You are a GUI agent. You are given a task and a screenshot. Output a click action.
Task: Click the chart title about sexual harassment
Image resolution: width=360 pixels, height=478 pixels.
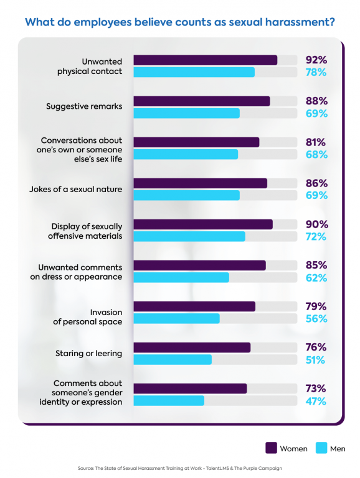click(x=180, y=22)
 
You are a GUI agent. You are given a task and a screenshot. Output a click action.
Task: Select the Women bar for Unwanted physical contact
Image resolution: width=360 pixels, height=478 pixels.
click(x=205, y=60)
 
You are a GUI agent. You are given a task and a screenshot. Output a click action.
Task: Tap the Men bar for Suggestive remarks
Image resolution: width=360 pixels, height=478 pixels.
click(x=186, y=113)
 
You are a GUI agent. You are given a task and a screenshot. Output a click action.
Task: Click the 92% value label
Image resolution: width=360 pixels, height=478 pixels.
click(x=316, y=60)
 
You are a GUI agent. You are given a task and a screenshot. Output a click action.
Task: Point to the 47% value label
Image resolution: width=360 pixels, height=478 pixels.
click(x=316, y=401)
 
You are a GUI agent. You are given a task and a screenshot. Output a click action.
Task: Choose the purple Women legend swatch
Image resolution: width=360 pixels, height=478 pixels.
click(x=271, y=448)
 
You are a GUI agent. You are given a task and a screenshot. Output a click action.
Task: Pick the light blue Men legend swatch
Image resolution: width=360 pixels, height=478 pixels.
click(x=321, y=448)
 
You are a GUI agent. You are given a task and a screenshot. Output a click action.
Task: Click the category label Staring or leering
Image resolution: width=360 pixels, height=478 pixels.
click(x=88, y=354)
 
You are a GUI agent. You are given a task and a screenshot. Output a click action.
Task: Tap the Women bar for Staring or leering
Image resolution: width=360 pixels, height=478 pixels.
click(x=192, y=347)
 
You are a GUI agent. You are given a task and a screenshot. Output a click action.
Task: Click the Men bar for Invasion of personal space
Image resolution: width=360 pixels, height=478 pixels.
click(x=176, y=318)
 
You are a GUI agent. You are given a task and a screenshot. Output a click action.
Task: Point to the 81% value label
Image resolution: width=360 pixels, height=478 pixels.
click(x=316, y=142)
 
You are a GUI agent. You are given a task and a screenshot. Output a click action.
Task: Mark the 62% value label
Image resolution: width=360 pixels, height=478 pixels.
click(x=316, y=278)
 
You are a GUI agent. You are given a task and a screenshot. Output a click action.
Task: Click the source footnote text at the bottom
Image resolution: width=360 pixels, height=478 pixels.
click(x=179, y=468)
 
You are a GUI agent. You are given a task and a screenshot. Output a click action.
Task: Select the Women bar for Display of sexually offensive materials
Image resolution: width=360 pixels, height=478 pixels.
click(x=202, y=224)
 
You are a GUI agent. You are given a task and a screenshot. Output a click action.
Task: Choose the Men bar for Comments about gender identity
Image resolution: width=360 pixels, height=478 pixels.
click(x=169, y=401)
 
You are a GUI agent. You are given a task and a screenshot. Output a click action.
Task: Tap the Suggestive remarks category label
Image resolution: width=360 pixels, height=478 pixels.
click(x=84, y=106)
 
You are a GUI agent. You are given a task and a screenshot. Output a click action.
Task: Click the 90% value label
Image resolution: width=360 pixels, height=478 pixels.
click(x=316, y=224)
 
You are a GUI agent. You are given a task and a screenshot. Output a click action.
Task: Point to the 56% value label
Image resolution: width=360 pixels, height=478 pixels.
click(x=316, y=319)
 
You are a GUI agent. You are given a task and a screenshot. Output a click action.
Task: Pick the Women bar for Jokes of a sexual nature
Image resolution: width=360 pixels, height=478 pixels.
click(x=200, y=183)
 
